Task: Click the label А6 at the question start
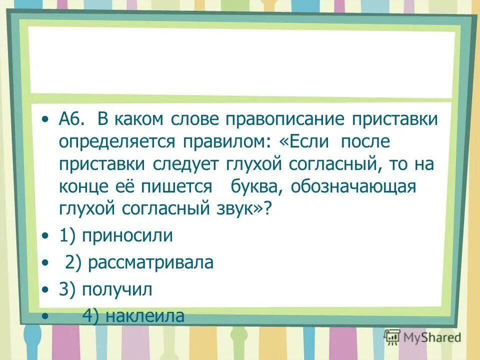(71, 119)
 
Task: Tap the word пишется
(179, 186)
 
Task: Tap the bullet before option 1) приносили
(46, 236)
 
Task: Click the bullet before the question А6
(46, 120)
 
